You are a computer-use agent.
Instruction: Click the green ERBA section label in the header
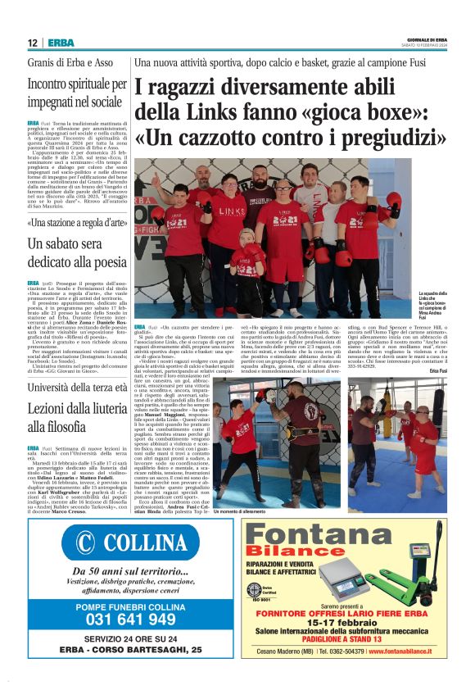pyautogui.click(x=61, y=43)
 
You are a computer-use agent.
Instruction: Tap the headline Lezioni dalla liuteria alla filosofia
pyautogui.click(x=74, y=415)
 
